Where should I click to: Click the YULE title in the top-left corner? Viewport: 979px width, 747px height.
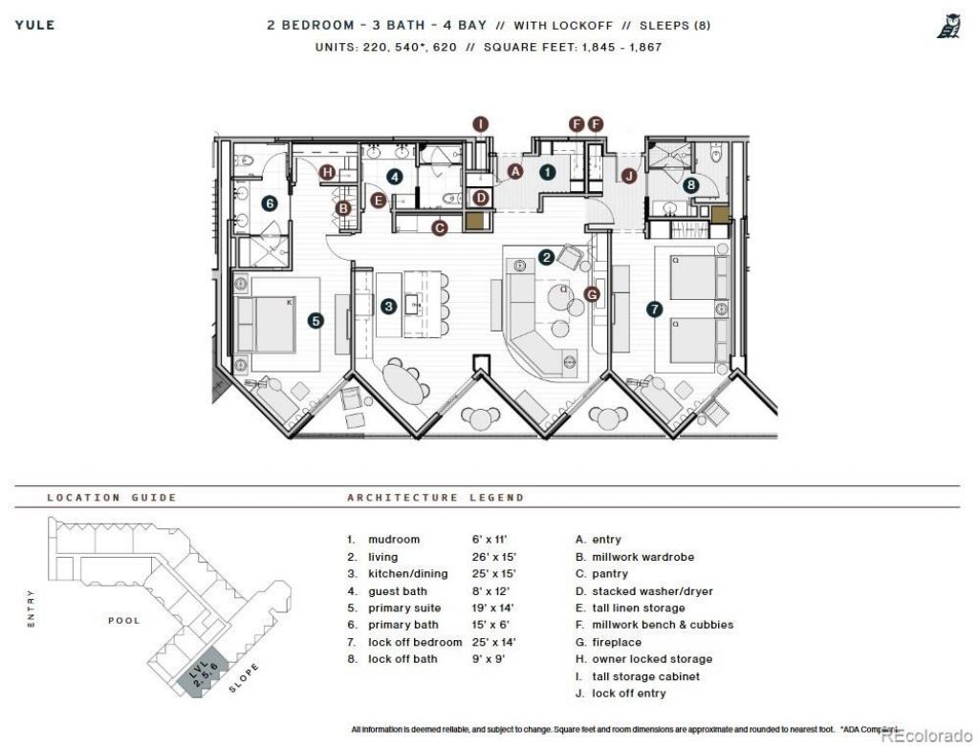[x=34, y=25]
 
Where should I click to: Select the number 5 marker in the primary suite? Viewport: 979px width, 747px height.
[x=315, y=321]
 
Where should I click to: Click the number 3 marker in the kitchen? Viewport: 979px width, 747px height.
[x=388, y=306]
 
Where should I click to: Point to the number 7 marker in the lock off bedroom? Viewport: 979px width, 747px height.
[x=654, y=309]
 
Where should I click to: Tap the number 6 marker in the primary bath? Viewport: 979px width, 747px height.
[x=270, y=203]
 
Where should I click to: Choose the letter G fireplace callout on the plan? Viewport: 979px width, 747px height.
[x=592, y=294]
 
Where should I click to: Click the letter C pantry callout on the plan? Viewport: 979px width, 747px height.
[x=440, y=227]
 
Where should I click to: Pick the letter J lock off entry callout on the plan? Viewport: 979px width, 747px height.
[x=628, y=175]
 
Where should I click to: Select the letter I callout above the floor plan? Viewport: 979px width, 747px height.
[x=481, y=123]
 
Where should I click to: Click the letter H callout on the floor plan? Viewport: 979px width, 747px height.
[x=328, y=172]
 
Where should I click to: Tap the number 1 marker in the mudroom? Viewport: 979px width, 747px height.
[x=547, y=172]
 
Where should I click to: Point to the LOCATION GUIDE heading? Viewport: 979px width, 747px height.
[x=112, y=498]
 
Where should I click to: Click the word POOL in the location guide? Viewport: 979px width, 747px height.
[x=123, y=620]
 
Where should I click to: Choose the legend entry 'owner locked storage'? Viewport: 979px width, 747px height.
[x=652, y=659]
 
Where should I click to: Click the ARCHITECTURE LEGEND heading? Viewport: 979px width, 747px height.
[x=435, y=498]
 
